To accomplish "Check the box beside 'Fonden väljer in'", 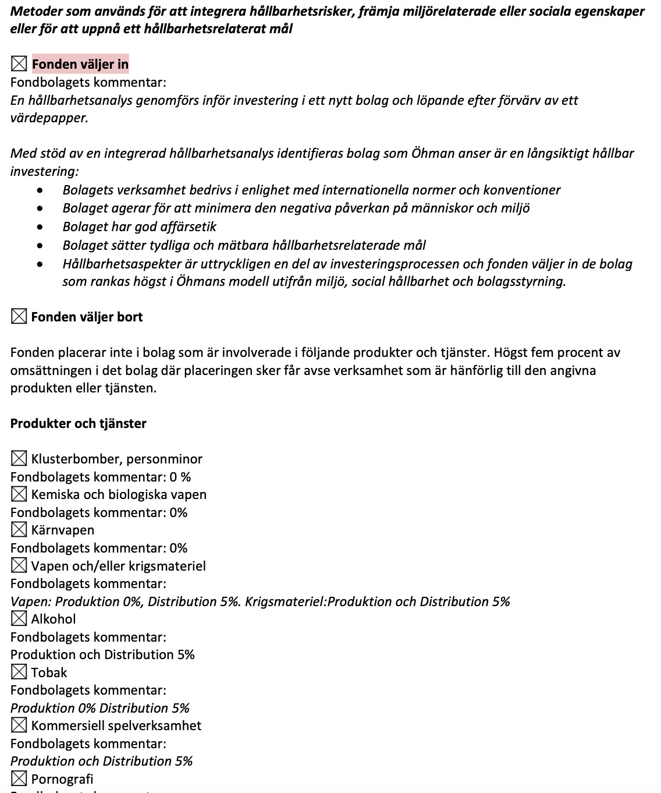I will point(19,63).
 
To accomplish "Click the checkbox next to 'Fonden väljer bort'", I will point(19,317).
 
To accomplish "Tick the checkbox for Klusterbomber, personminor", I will point(19,459).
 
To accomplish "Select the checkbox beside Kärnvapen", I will point(19,530).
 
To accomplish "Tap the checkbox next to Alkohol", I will point(19,619).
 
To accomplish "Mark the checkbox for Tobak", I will point(19,672).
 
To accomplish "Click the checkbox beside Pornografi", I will point(19,779).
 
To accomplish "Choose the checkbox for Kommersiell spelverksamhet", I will point(19,725).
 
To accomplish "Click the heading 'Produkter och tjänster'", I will point(78,423).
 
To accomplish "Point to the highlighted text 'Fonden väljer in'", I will point(80,63).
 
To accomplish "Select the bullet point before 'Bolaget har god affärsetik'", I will point(40,226).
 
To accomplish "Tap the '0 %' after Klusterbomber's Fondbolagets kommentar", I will point(180,477).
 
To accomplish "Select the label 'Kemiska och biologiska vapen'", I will point(119,494).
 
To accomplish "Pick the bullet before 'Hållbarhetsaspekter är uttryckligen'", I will point(40,264).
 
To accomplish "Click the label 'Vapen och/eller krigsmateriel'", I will point(118,566).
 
